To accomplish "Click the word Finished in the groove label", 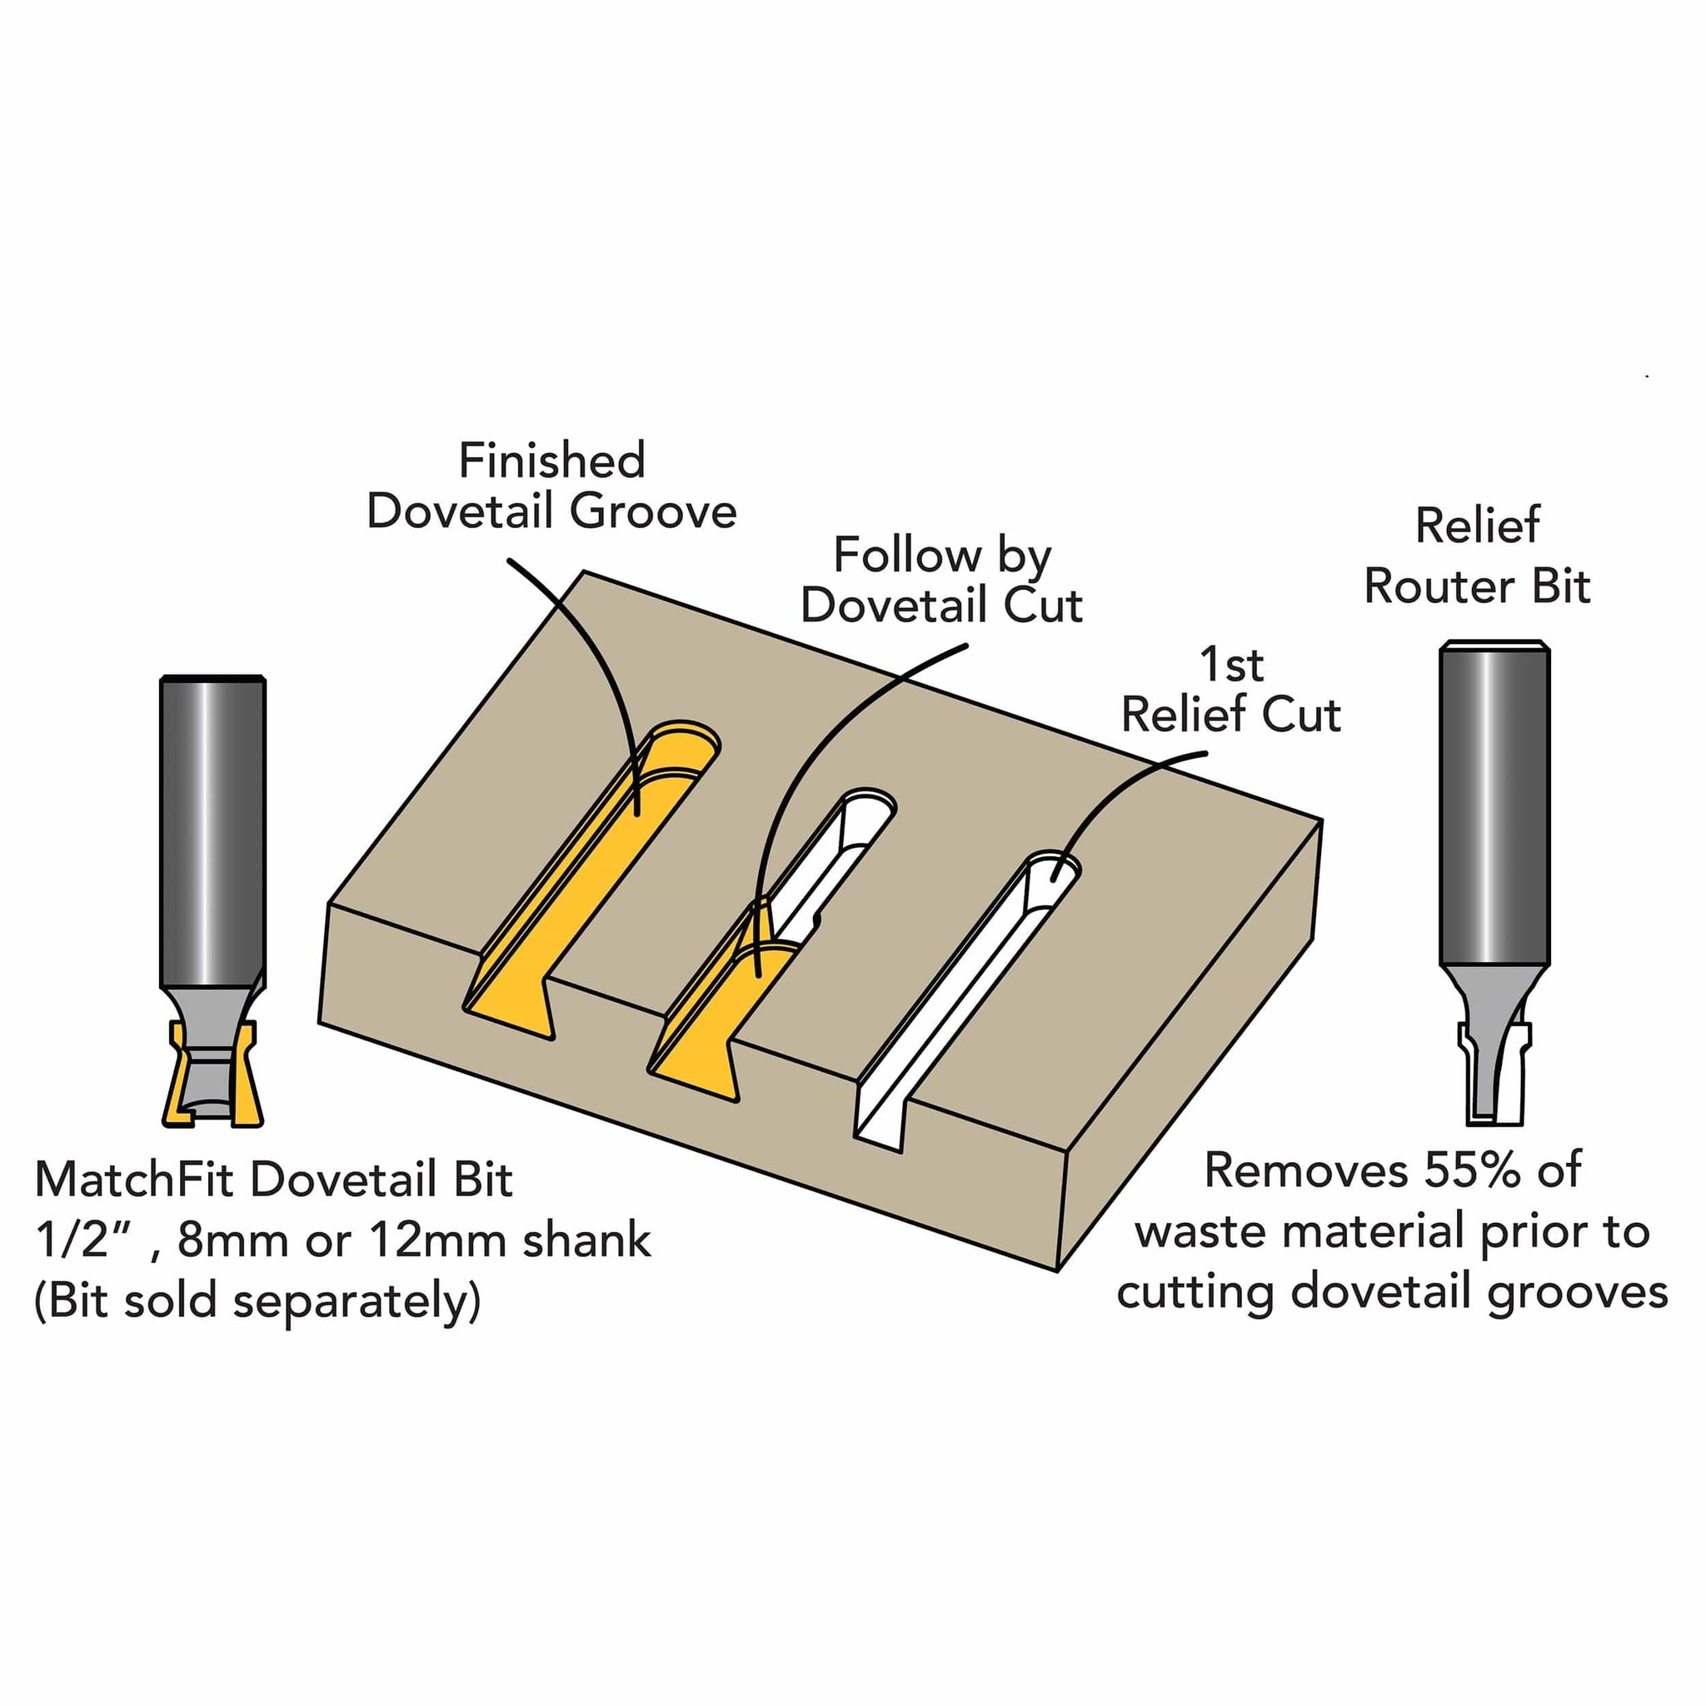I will (552, 461).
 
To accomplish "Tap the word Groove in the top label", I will (652, 511).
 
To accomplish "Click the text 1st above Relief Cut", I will (1231, 665).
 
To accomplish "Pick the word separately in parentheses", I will (350, 1300).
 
